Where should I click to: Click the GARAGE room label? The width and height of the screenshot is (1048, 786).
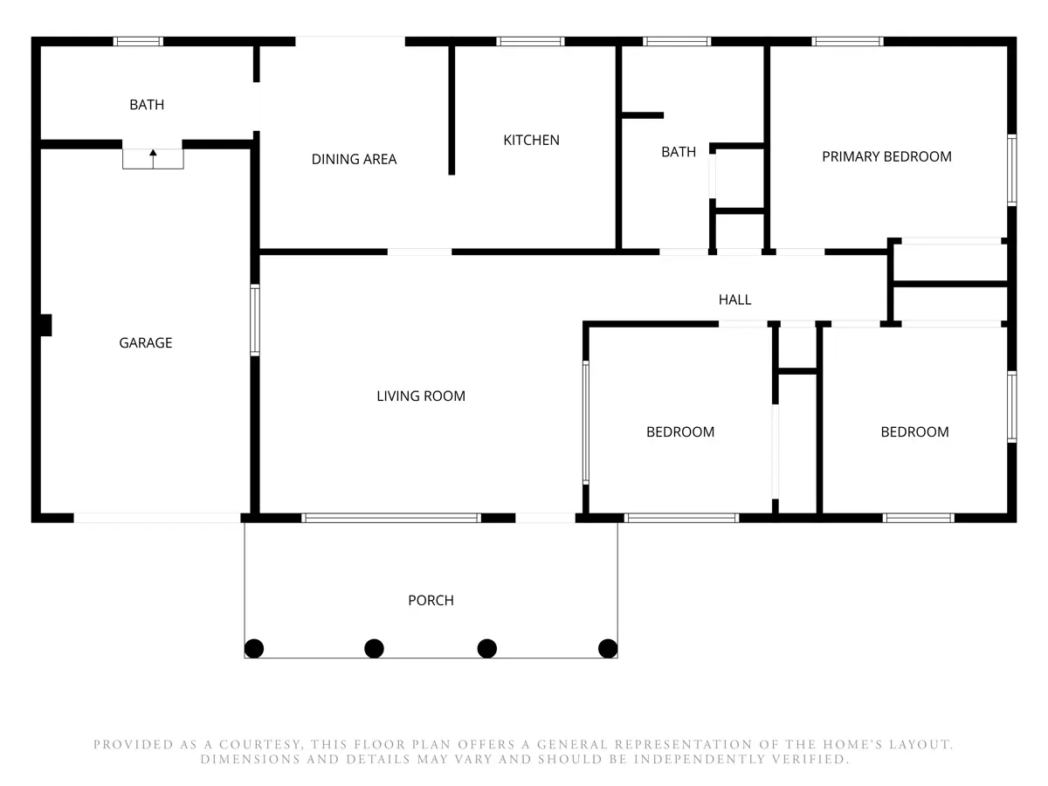point(146,342)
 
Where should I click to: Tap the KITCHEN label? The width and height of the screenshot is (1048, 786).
point(531,140)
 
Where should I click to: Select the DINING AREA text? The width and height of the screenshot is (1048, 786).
point(354,159)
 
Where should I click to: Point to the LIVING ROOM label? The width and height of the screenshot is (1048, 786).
point(421,396)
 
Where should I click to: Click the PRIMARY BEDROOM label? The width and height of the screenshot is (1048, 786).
point(886,156)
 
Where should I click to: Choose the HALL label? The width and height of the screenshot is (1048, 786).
point(734,300)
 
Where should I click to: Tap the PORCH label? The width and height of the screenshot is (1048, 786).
point(431,600)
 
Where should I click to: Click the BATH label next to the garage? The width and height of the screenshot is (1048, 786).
point(147,105)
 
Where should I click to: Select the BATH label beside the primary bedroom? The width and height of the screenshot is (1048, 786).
point(679,152)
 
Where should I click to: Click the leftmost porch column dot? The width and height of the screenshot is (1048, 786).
point(254,649)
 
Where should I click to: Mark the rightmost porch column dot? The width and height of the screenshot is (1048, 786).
point(608,649)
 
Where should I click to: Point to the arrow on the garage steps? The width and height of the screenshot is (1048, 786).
point(153,159)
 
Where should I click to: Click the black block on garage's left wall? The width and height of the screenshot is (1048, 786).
point(45,325)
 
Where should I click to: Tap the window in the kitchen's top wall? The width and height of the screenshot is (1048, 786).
point(530,42)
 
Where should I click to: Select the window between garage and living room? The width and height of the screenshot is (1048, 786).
point(255,320)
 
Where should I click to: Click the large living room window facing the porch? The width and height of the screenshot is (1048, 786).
point(391,518)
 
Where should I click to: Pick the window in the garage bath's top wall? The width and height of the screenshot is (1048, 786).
point(138,42)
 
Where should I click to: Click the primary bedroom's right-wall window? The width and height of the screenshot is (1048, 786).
point(1011,170)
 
